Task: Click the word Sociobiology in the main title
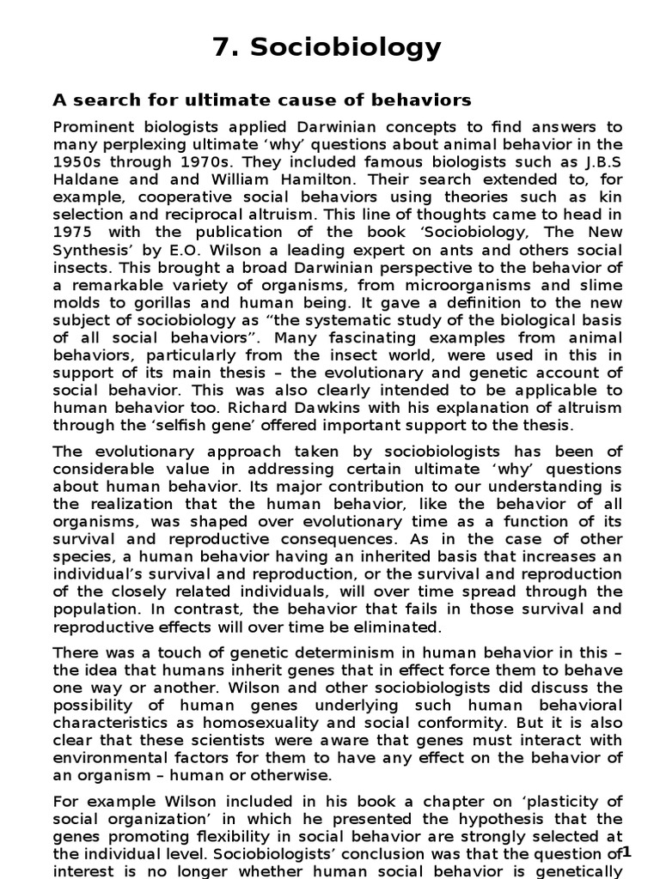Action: [346, 48]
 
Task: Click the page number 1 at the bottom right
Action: [626, 852]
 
